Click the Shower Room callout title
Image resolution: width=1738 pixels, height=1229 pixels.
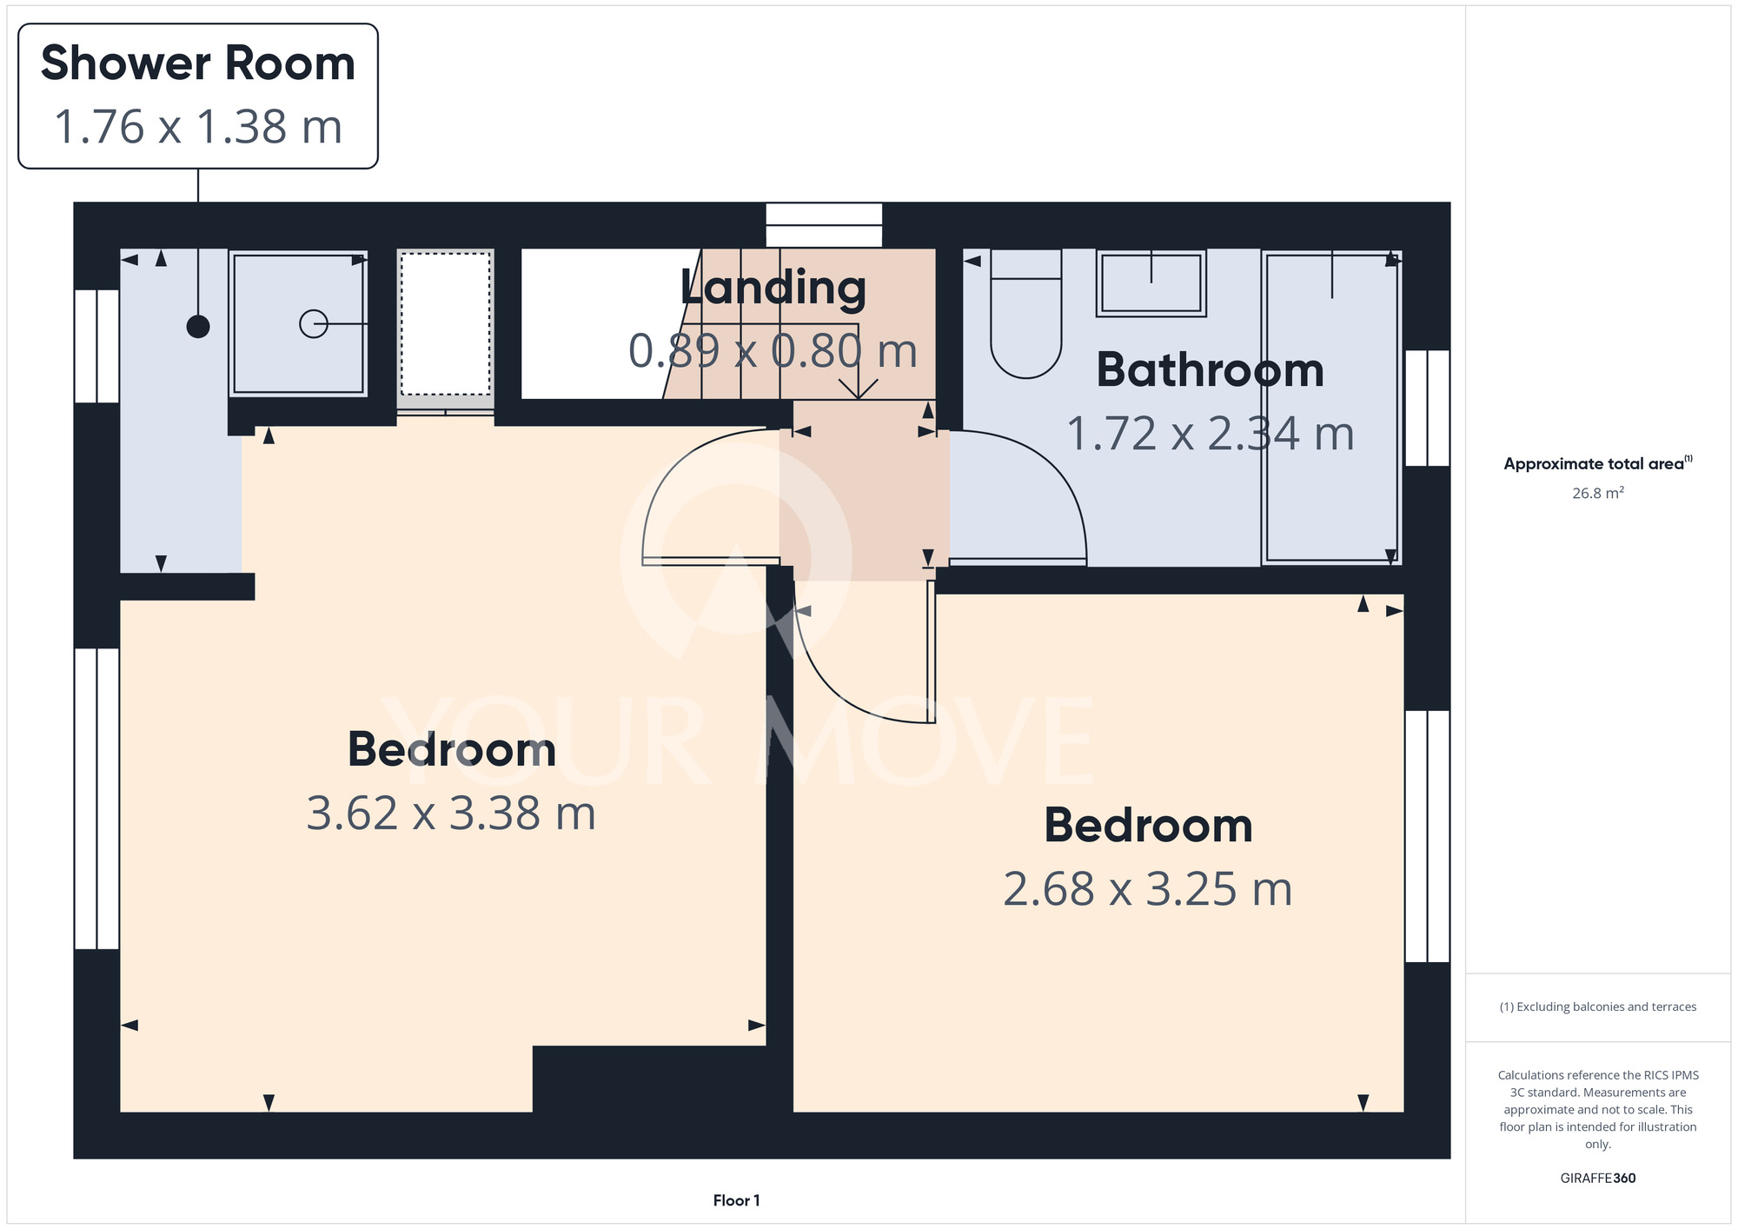[x=198, y=63]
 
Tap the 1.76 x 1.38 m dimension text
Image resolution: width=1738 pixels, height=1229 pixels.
[x=198, y=127]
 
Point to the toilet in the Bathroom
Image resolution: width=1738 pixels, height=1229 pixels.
[x=1026, y=314]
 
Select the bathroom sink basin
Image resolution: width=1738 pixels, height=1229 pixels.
[x=1151, y=283]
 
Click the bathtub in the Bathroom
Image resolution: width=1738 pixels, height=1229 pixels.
[x=1330, y=408]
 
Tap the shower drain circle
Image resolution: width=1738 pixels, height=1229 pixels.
[x=314, y=324]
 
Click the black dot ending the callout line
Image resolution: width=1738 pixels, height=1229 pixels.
[x=198, y=327]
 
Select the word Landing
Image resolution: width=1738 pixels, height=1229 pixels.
[x=773, y=289]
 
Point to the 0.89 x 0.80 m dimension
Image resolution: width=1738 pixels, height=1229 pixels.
[x=773, y=351]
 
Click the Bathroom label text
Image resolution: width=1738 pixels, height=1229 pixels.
[x=1211, y=370]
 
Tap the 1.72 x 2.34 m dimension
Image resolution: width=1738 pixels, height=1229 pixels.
[x=1211, y=434]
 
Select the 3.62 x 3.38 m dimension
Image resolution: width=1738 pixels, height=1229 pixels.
[x=451, y=814]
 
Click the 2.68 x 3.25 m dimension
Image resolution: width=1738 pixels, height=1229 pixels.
[x=1148, y=889]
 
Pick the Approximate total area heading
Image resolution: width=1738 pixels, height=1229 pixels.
[x=1598, y=463]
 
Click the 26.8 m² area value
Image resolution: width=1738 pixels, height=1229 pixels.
[x=1598, y=493]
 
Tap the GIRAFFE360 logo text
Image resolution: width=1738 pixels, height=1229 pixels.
[x=1598, y=1179]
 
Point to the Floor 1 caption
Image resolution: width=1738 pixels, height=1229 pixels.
[x=736, y=1200]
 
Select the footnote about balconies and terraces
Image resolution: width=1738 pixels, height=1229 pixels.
[x=1598, y=1006]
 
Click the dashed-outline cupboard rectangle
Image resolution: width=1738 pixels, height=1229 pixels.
[x=446, y=323]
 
